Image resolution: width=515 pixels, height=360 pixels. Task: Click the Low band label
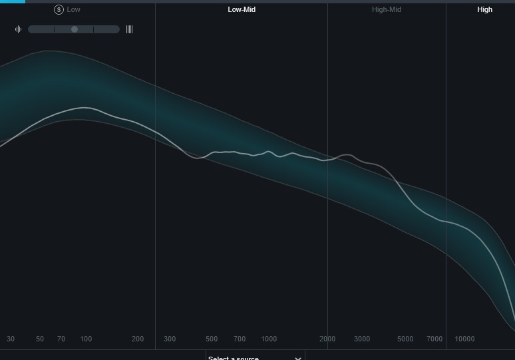pos(73,10)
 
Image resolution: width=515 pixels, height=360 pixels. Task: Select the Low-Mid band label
pos(242,10)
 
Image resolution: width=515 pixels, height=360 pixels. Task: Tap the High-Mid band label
pos(387,10)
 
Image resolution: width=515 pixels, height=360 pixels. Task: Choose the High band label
pos(485,10)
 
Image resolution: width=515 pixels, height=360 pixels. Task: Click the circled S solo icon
pos(59,10)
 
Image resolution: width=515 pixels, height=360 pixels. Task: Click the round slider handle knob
pos(75,29)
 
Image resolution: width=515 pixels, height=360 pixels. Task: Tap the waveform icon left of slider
pos(19,29)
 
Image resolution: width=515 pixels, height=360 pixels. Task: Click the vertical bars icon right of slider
pos(129,29)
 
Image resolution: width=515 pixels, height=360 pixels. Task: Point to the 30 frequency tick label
pos(11,339)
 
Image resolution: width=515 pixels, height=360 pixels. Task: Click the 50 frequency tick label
pos(40,339)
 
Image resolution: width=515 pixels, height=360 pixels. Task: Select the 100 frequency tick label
pos(86,339)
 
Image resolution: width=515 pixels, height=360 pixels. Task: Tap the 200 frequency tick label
pos(138,339)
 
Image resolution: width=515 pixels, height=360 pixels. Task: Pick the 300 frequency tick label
pos(170,339)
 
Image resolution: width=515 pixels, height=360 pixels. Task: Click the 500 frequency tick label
pos(212,339)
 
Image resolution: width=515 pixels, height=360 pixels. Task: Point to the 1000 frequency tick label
pos(269,339)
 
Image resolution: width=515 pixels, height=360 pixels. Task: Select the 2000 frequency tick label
pos(327,339)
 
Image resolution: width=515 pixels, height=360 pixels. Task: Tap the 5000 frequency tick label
pos(405,339)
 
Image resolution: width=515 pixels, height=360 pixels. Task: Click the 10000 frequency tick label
pos(464,339)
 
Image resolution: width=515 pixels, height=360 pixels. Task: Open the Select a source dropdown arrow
pos(298,358)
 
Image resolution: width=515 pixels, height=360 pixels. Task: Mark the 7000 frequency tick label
pos(434,339)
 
